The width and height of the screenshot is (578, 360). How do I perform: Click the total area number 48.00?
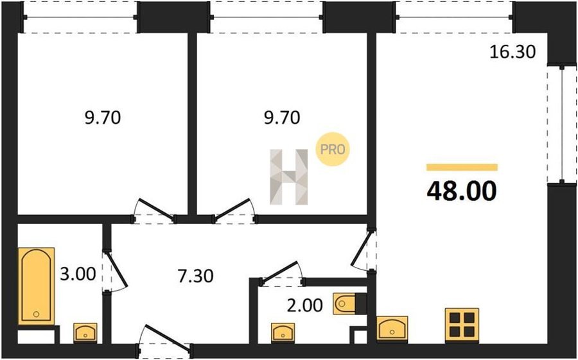(x=462, y=191)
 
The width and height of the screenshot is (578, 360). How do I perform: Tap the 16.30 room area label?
(x=512, y=52)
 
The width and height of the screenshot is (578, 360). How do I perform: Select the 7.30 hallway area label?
(x=195, y=276)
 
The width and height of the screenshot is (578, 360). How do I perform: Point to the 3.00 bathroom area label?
(x=78, y=274)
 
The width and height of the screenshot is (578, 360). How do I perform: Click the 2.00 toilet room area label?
(x=305, y=305)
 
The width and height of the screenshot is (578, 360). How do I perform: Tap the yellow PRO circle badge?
(x=333, y=150)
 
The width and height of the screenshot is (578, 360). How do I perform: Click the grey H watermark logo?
(x=288, y=177)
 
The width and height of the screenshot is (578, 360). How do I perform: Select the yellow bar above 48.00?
(x=462, y=167)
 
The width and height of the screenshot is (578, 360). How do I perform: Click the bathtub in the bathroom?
(x=36, y=286)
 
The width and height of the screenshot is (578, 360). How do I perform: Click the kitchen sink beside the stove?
(x=392, y=328)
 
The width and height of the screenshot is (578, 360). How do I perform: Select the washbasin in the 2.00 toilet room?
(x=283, y=332)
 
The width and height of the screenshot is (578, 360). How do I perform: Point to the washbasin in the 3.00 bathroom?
(x=85, y=332)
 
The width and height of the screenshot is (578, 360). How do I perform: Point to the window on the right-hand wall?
(x=562, y=124)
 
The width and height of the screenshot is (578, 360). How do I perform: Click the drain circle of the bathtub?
(x=36, y=314)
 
